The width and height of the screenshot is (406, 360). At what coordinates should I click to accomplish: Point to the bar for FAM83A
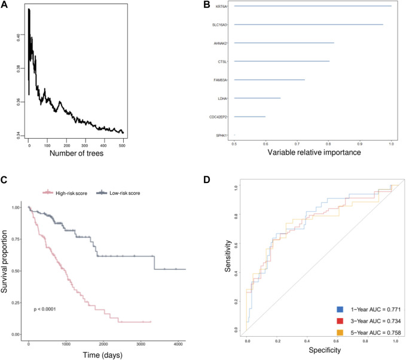[x=270, y=80]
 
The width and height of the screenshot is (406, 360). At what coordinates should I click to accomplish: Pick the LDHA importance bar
[x=257, y=98]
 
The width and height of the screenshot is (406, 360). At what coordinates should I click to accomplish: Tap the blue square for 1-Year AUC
[x=340, y=309]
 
